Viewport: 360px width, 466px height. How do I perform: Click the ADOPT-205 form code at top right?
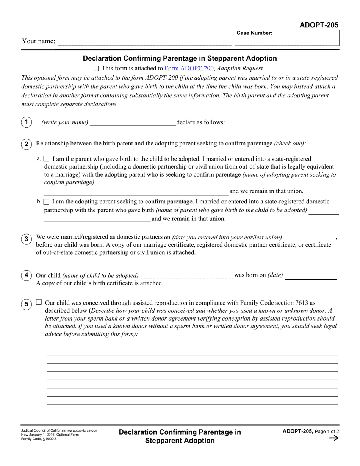319,25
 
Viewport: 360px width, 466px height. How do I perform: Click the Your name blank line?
144,42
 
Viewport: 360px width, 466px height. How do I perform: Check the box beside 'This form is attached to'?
95,69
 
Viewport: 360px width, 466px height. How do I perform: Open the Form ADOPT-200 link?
189,69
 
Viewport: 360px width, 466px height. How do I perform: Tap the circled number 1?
26,122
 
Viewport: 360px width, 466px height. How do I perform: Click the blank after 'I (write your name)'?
133,122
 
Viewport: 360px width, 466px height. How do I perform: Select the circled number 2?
26,144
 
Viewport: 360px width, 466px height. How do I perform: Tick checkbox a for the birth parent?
47,159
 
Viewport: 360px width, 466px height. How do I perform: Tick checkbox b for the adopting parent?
47,202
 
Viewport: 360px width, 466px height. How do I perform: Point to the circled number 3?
26,239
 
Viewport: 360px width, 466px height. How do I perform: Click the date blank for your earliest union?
310,238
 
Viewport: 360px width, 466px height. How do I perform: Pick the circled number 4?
26,275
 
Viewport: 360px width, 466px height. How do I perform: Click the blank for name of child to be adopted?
186,276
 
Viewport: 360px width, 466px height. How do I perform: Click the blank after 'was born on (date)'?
311,276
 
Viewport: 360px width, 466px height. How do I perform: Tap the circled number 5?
26,304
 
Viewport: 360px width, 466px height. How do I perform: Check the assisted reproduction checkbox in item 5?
39,302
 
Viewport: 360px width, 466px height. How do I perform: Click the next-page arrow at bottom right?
333,438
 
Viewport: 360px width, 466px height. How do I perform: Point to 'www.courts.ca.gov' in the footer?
82,430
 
